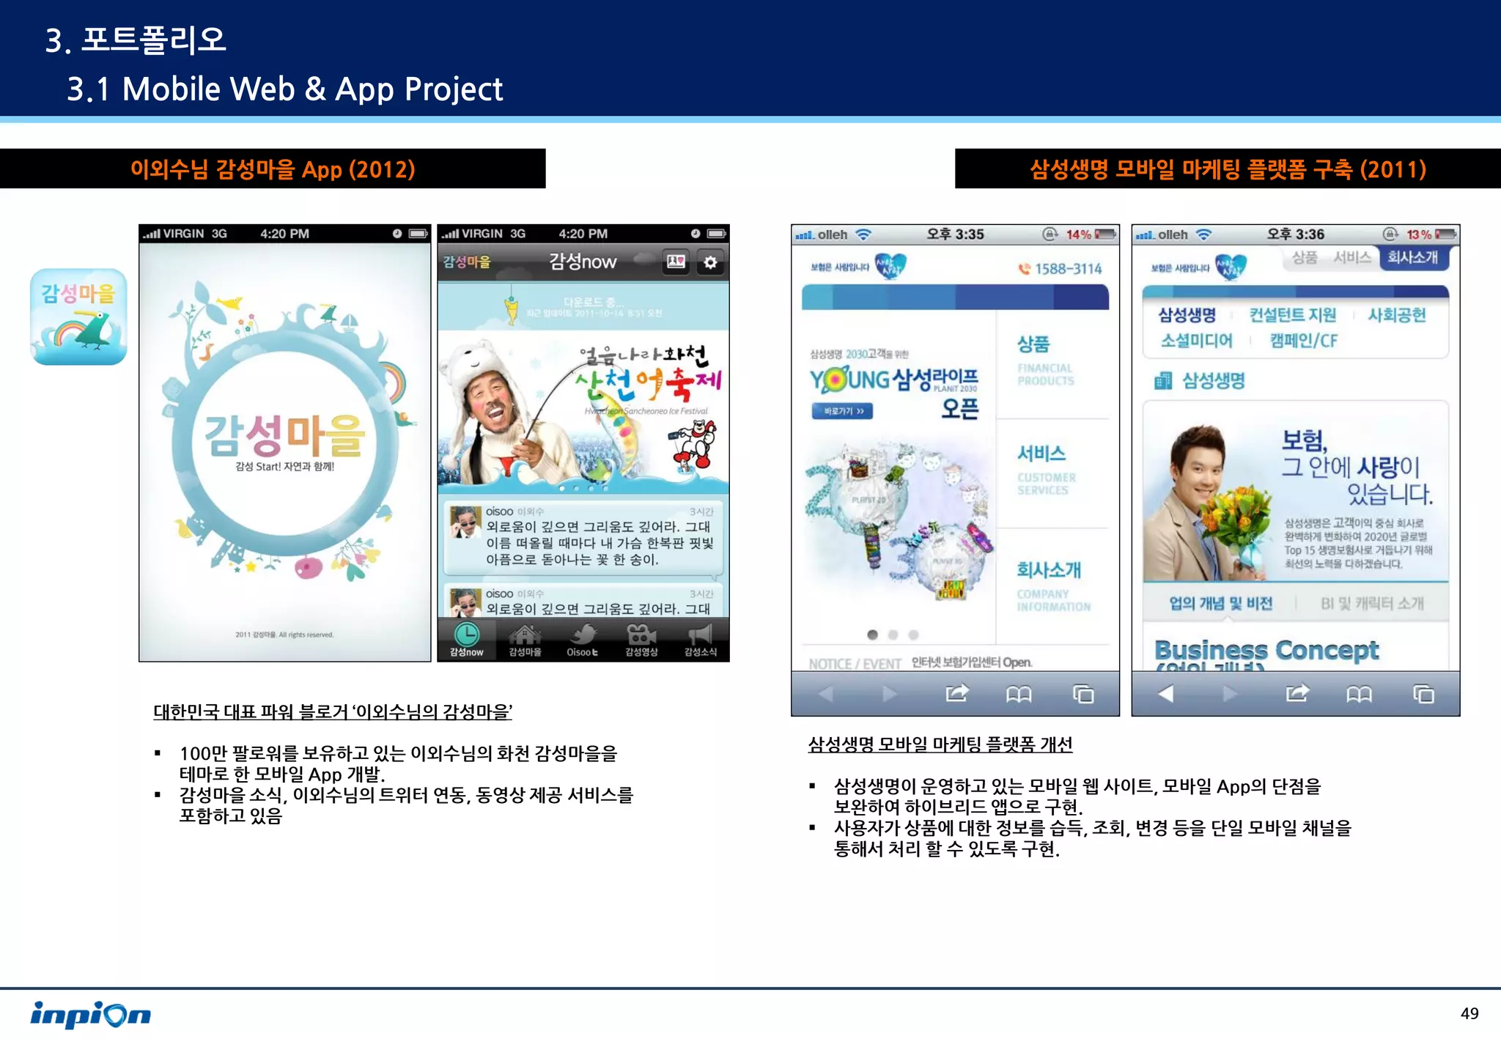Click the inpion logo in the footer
click(90, 1014)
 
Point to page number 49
click(1469, 1013)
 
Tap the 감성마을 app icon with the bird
click(78, 317)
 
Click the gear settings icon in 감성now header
click(710, 262)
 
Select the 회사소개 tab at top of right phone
click(1412, 258)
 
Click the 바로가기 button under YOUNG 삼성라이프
click(842, 411)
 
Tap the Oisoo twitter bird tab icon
click(583, 635)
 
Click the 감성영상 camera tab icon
click(641, 634)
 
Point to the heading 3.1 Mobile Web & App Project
click(284, 89)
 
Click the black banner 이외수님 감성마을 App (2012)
click(273, 169)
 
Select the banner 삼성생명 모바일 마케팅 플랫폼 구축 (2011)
click(1228, 169)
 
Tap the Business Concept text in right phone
click(1266, 650)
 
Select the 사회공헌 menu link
click(1396, 315)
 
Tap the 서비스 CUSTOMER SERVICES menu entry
click(1045, 469)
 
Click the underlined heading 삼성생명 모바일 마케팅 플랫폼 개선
click(940, 744)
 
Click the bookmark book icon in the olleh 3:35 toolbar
click(1018, 693)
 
